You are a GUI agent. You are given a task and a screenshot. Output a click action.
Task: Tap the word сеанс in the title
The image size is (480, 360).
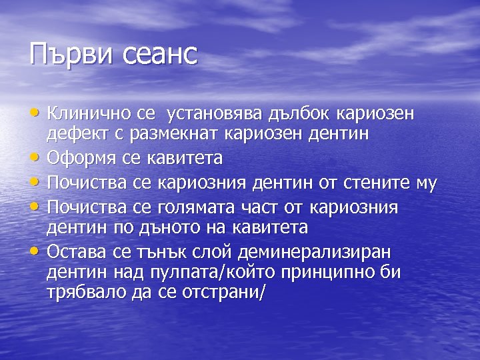click(x=161, y=54)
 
